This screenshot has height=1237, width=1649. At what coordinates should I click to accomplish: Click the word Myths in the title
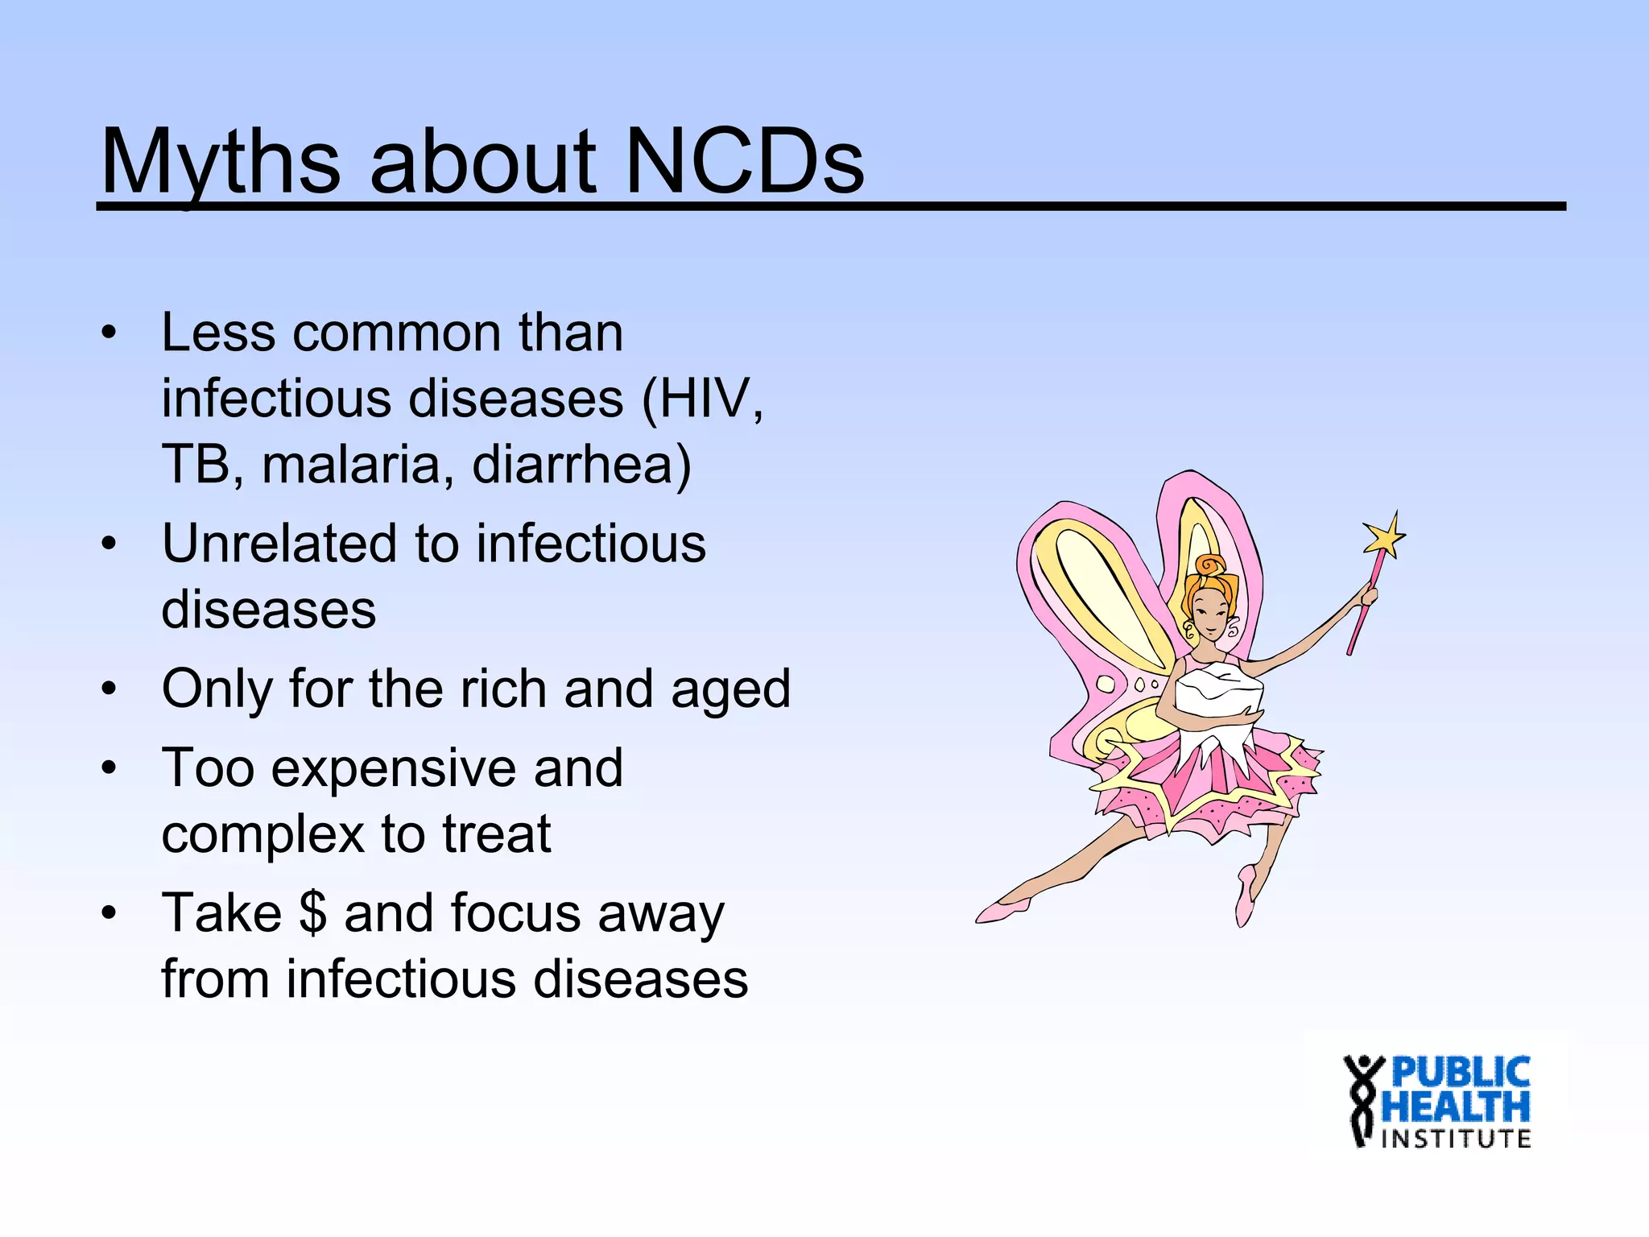[x=220, y=163]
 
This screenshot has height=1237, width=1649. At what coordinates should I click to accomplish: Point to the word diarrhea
[x=572, y=465]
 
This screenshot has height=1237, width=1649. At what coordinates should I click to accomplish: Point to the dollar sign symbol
[x=312, y=914]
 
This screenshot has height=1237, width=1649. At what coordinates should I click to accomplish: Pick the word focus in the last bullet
[x=516, y=914]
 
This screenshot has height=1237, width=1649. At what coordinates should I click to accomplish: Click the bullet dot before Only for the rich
[x=110, y=689]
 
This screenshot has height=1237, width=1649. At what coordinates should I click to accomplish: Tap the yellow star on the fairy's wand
[x=1383, y=535]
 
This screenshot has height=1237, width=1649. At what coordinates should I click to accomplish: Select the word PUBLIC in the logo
[x=1460, y=1073]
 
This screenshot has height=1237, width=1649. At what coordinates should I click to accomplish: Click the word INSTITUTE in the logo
[x=1456, y=1139]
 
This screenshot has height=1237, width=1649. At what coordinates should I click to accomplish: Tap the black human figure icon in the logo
[x=1362, y=1100]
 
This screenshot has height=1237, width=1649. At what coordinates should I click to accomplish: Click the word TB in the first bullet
[x=196, y=465]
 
